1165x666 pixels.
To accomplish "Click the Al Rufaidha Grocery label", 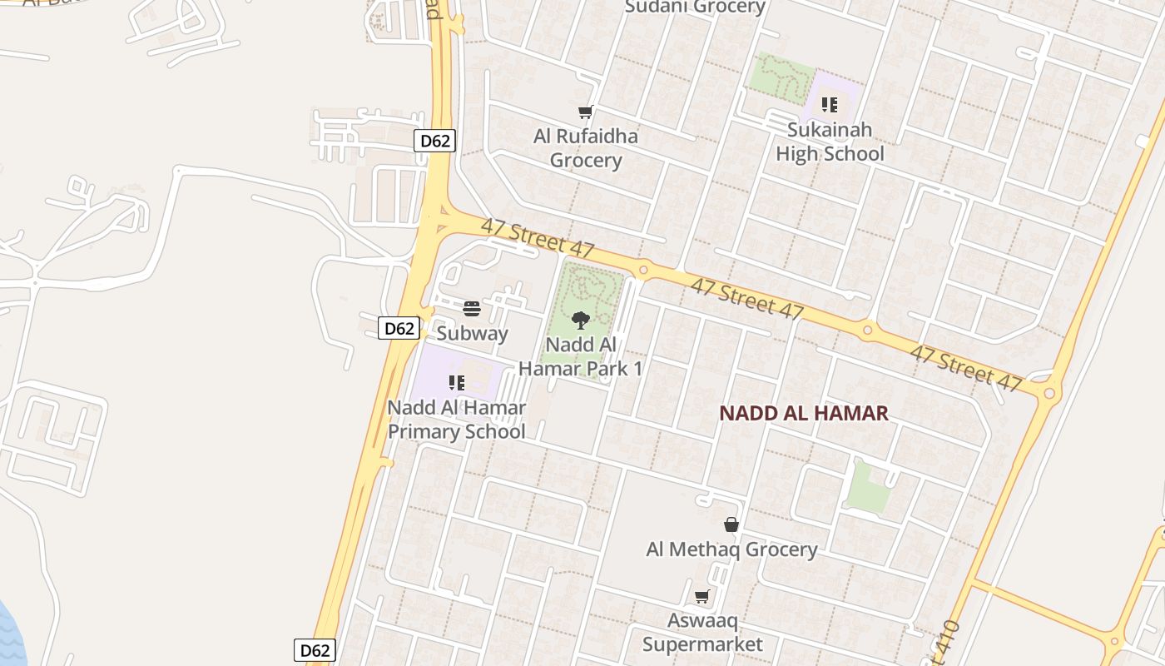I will [x=586, y=148].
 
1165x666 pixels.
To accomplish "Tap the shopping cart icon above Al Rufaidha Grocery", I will [x=585, y=112].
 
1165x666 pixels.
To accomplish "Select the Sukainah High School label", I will [x=830, y=142].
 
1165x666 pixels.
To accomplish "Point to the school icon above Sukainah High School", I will [x=829, y=105].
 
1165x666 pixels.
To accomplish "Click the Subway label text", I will [x=472, y=334].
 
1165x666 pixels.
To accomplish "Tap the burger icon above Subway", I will [x=472, y=310].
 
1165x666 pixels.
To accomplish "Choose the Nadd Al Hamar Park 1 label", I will [x=581, y=356].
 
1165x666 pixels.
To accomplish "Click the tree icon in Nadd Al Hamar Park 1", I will [x=581, y=320].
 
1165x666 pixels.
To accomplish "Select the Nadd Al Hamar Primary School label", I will [x=457, y=420].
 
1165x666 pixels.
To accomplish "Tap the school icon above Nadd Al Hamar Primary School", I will [x=456, y=383].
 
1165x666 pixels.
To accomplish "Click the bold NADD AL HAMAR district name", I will [x=804, y=413].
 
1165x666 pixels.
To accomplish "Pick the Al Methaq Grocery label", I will [x=731, y=549].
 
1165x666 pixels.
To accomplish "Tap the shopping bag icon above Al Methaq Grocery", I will [x=731, y=524].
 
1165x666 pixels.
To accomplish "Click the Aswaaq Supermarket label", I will [x=702, y=633].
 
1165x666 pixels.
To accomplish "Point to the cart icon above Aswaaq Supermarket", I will [x=701, y=596].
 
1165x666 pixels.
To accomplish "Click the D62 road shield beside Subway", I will [x=399, y=328].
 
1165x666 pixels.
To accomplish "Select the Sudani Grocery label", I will [x=695, y=7].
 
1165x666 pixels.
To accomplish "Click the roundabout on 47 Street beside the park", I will [x=642, y=270].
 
